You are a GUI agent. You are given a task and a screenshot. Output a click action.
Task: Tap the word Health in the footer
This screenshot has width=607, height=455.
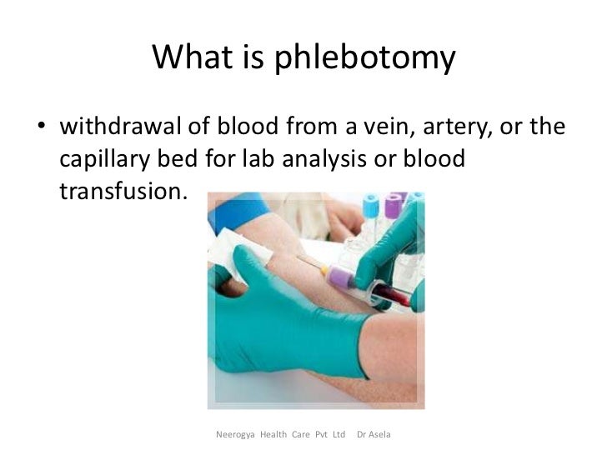point(282,435)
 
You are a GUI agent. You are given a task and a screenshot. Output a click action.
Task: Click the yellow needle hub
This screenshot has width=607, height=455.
point(323,269)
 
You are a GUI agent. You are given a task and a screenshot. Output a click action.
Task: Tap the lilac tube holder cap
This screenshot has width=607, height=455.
point(343,278)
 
